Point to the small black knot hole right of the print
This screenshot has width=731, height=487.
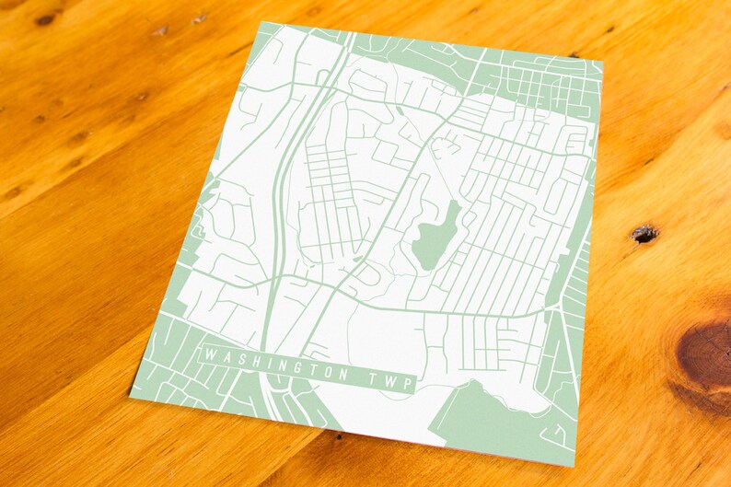(644, 234)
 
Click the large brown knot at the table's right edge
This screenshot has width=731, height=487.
(707, 354)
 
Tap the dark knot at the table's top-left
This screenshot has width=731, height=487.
(44, 17)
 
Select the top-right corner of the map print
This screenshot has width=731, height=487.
(602, 62)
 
